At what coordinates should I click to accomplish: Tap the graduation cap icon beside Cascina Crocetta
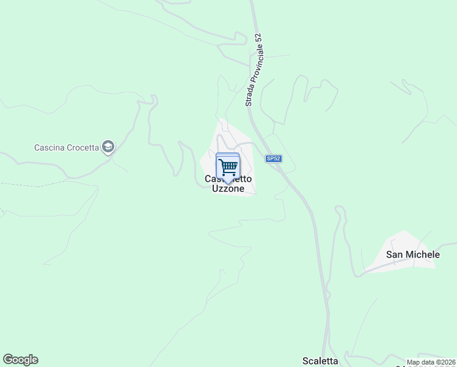coord(108,147)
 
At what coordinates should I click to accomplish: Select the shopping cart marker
coord(228,166)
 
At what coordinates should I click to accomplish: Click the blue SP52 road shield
coord(272,158)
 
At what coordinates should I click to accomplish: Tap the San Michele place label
coord(413,254)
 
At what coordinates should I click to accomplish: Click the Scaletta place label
coord(320,361)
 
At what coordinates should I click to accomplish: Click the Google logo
coord(20,360)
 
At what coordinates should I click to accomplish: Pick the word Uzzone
coord(228,189)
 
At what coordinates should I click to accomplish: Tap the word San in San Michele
coord(394,254)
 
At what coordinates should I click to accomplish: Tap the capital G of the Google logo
coord(9,360)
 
